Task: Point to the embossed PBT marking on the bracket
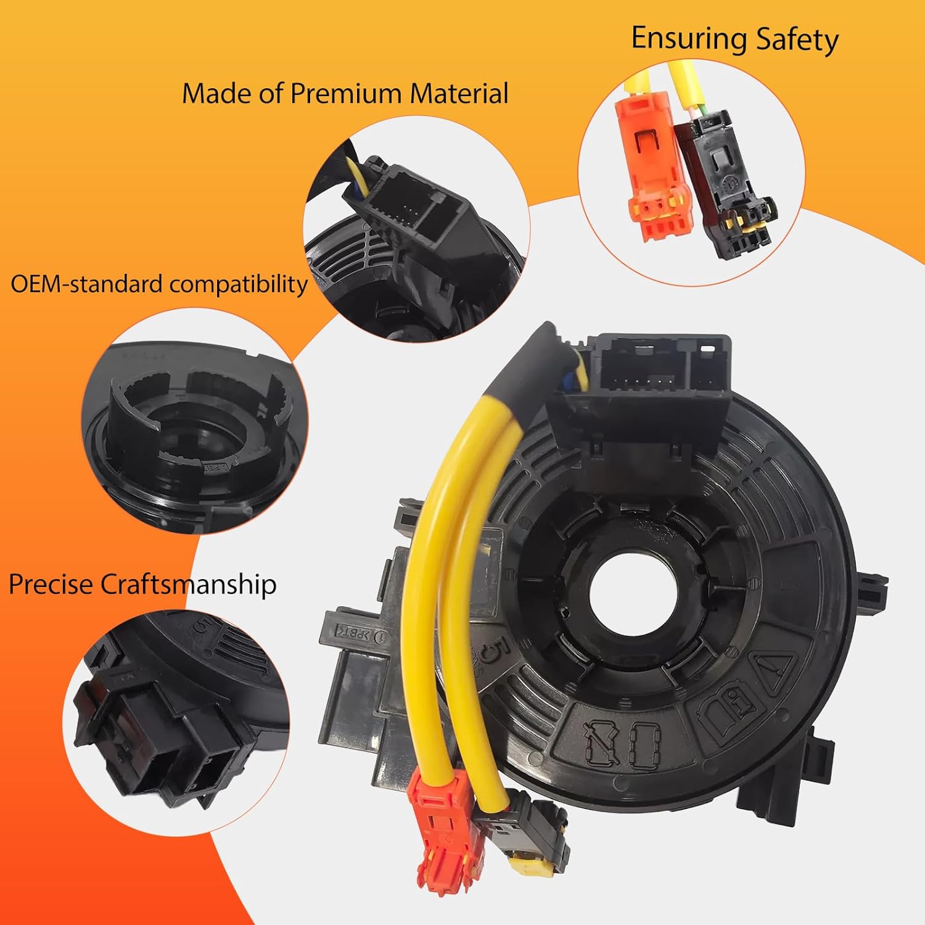(356, 633)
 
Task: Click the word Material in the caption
(459, 94)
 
